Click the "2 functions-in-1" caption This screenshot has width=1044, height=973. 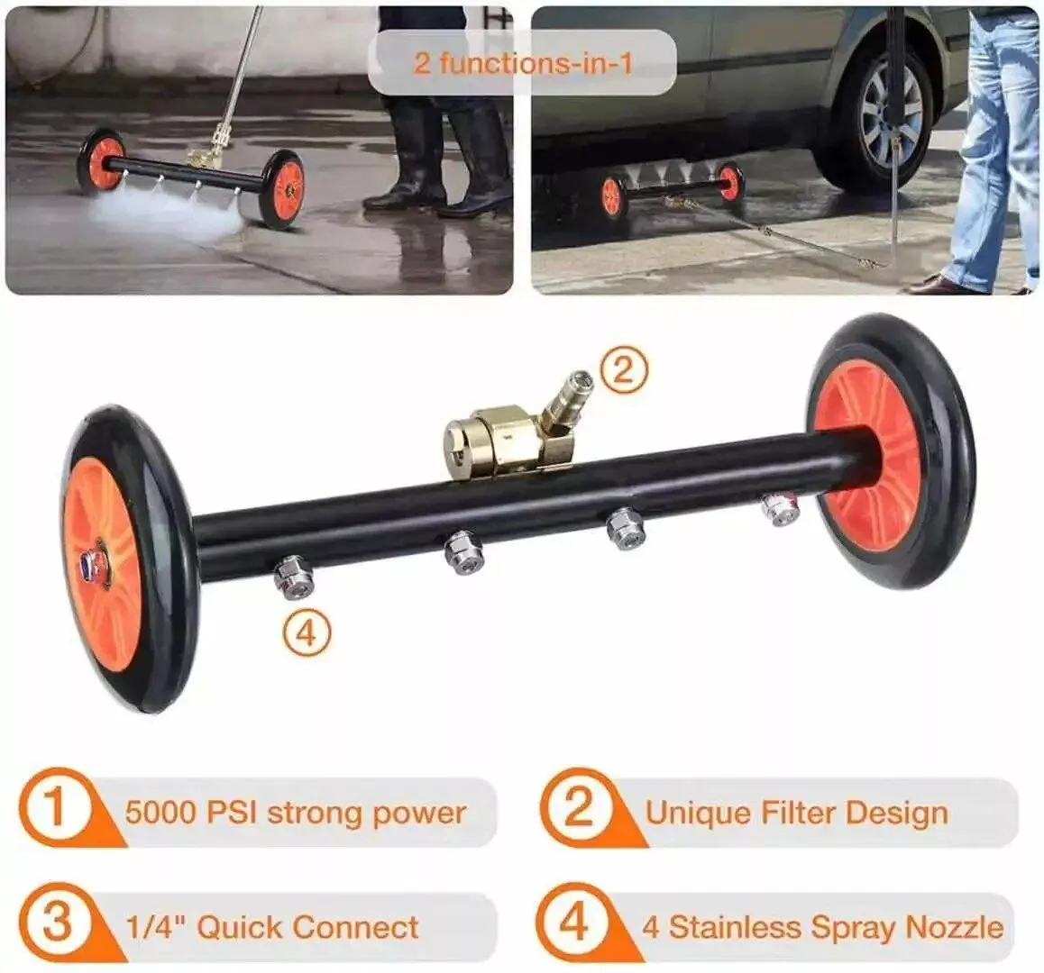coord(523,63)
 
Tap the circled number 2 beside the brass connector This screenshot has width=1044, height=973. coord(623,369)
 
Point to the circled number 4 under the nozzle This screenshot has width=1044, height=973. coord(307,633)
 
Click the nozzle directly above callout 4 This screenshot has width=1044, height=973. coord(294,577)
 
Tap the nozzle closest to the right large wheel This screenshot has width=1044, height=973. coord(781,508)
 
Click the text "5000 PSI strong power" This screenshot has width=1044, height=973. coord(295,813)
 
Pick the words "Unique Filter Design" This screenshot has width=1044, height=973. coord(797,813)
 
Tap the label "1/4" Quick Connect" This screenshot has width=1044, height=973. coord(272,927)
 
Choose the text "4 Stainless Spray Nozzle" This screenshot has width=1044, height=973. coord(822,927)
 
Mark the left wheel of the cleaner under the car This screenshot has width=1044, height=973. coord(612,196)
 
